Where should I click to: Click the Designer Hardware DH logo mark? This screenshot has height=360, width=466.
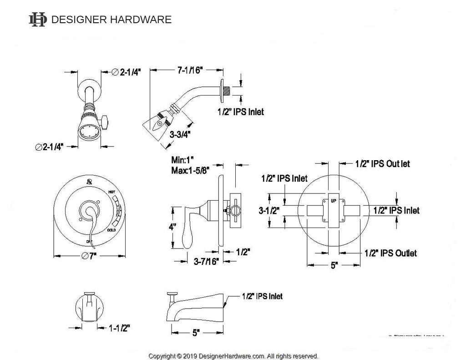click(x=37, y=19)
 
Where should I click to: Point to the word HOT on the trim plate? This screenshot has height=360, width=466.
click(x=111, y=193)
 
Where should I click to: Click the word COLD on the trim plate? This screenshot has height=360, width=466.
click(x=111, y=231)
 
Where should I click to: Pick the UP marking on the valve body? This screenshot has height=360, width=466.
click(x=334, y=201)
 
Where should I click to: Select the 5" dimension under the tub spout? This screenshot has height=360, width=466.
click(x=196, y=333)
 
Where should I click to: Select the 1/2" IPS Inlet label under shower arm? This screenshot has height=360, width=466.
click(x=240, y=111)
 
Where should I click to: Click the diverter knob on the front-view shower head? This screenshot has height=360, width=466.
click(x=105, y=121)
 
